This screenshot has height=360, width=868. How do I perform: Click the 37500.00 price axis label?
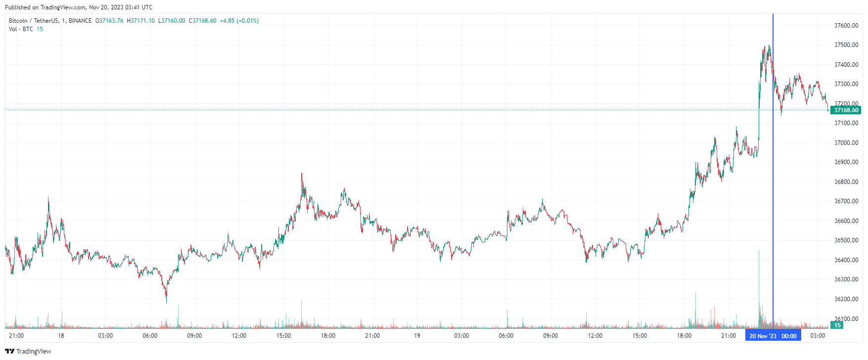(846, 45)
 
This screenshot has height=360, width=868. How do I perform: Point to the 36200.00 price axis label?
(846, 299)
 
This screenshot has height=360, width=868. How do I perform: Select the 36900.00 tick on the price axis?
(846, 162)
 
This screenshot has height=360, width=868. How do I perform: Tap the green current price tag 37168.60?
(846, 110)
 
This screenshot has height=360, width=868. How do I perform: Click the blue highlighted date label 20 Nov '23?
(763, 336)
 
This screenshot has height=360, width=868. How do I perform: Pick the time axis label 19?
(417, 336)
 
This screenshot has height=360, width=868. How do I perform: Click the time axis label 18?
(61, 336)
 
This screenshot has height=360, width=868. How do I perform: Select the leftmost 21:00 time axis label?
(16, 336)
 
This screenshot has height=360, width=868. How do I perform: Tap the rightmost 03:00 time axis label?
(818, 336)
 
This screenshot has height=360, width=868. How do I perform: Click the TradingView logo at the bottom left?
(28, 351)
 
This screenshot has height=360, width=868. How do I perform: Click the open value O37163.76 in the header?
(109, 21)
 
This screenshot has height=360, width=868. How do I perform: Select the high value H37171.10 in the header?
(140, 21)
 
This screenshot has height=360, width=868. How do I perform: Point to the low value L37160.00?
(172, 21)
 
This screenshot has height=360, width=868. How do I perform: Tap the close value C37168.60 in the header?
(202, 21)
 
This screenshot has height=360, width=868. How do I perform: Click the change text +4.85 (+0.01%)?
(239, 21)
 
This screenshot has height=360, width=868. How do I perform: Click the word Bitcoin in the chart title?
(18, 21)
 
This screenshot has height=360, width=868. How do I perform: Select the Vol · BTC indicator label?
(21, 29)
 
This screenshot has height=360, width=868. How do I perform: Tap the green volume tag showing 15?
(837, 325)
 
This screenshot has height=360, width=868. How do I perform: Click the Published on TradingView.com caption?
(79, 7)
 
